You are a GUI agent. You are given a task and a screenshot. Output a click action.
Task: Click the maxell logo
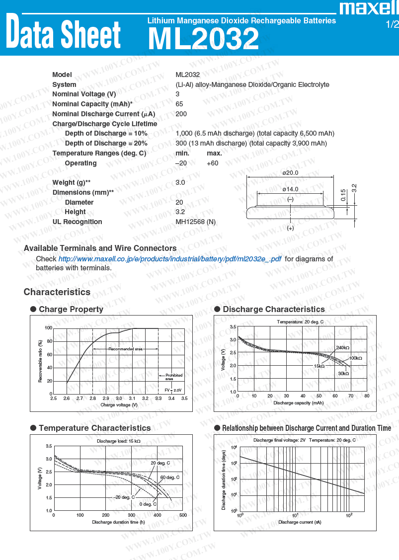click(x=368, y=8)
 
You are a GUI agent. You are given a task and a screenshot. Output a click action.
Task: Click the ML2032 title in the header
click(x=203, y=39)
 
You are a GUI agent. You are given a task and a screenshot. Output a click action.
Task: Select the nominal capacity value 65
click(x=179, y=104)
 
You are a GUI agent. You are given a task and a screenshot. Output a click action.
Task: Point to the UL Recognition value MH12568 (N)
click(x=195, y=222)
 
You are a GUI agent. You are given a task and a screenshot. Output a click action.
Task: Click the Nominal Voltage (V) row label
click(x=84, y=94)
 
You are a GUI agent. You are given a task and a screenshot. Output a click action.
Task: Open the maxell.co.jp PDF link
click(x=169, y=259)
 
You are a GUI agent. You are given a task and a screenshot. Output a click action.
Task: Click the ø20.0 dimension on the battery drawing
click(x=290, y=173)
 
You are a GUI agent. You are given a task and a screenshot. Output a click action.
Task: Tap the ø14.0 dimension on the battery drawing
click(x=290, y=189)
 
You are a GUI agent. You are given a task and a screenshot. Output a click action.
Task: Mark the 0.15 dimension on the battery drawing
click(x=343, y=195)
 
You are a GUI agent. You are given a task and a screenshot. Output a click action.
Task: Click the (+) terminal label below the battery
click(x=290, y=228)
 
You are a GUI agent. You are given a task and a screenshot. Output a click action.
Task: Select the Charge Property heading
click(x=71, y=309)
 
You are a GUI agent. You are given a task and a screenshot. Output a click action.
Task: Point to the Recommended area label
click(x=125, y=349)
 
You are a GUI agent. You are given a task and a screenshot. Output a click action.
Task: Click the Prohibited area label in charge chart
click(x=174, y=377)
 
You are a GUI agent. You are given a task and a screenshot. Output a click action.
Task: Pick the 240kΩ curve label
click(x=343, y=348)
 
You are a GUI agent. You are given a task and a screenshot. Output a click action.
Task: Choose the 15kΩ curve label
click(x=319, y=366)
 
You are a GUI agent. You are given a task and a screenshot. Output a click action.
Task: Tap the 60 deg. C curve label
click(x=169, y=478)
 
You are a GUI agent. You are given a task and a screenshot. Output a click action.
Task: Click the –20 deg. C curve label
click(x=124, y=497)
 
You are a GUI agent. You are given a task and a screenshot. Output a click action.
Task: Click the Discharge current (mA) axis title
click(x=300, y=522)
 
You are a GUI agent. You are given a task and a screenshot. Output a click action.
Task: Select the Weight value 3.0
click(x=180, y=182)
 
